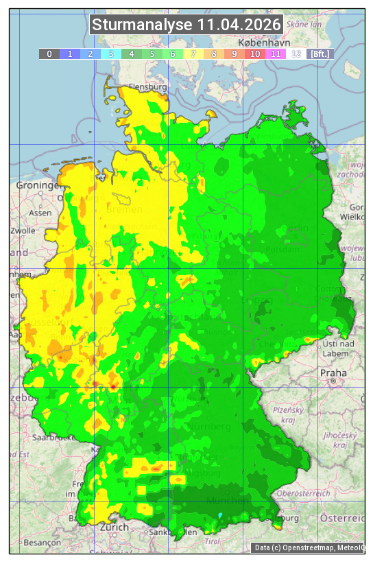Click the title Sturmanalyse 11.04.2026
186,25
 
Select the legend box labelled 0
49,53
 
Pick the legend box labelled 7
193,53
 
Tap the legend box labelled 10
255,53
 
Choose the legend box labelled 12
296,53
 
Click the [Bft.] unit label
320,53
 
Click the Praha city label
333,373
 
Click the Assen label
40,213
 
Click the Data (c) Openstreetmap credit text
309,547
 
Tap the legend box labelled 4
131,53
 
